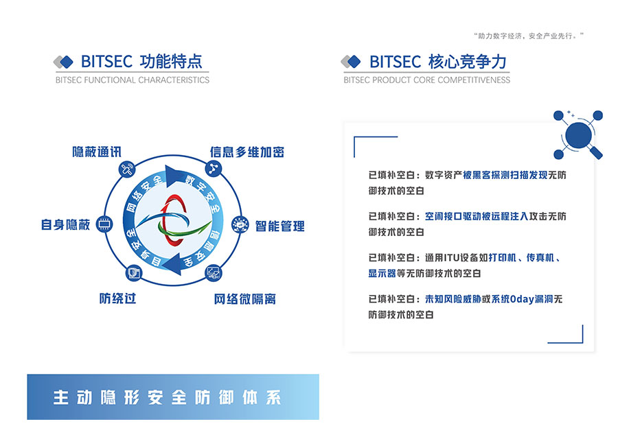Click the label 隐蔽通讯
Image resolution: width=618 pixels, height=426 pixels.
pos(97,152)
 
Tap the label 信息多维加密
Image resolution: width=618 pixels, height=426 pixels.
pos(247,152)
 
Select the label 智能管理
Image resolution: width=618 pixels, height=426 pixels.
pos(280,226)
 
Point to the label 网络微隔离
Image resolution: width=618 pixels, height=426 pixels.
pos(244,299)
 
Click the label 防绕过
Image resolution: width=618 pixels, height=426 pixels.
pos(117,298)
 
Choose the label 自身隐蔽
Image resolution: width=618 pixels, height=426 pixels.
pos(65,224)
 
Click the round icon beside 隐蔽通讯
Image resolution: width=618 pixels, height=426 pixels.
pos(127,169)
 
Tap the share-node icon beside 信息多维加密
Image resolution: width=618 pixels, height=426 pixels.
pos(214,169)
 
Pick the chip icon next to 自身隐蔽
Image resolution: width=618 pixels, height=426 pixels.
pos(104,224)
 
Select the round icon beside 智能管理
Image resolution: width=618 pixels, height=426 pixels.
pos(240,224)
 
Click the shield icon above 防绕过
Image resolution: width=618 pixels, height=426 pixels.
pos(134,273)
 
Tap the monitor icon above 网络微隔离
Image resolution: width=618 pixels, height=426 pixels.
pos(214,272)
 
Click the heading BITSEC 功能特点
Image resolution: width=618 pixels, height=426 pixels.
pos(141,62)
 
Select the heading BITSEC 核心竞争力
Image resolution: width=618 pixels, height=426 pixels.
pos(438,62)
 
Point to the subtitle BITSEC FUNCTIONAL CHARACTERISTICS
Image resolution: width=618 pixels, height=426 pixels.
pos(133,80)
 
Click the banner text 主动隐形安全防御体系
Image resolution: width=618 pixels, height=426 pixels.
pos(167,397)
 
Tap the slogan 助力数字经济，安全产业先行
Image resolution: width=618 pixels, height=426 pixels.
pos(529,36)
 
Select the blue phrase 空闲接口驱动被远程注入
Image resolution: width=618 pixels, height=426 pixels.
pos(477,216)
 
